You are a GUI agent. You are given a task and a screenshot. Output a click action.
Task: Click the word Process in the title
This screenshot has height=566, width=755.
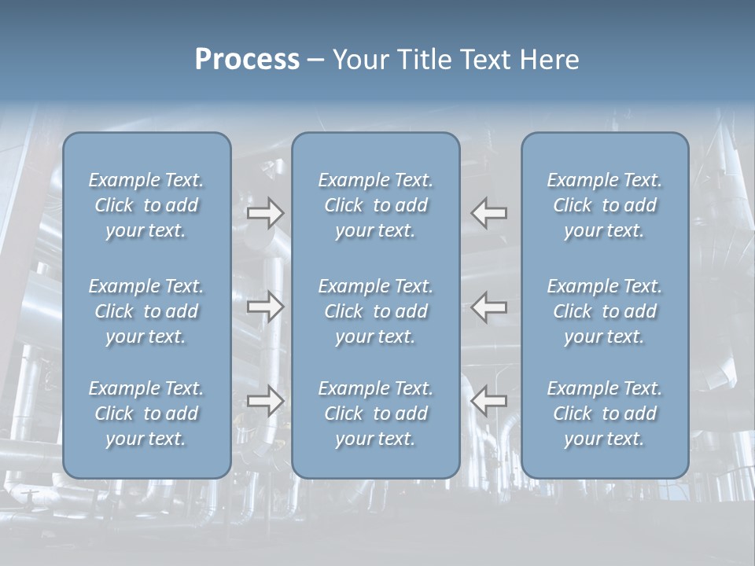tap(247, 60)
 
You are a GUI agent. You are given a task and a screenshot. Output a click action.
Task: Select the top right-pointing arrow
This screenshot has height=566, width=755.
tap(265, 212)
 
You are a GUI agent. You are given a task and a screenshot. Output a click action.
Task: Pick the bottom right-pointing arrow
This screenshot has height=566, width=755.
tap(265, 401)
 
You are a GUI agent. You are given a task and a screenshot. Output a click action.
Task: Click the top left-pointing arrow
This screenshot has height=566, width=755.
tap(489, 212)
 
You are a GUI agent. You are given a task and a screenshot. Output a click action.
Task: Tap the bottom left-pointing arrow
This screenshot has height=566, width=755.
tap(489, 401)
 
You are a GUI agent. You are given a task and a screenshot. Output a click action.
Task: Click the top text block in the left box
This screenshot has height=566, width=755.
tap(146, 205)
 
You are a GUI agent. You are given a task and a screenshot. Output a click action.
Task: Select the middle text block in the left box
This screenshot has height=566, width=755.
tap(146, 311)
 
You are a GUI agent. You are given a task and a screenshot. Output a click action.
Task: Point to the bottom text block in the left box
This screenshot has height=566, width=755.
tap(146, 413)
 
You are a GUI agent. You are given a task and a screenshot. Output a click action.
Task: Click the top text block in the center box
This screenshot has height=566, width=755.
tap(375, 205)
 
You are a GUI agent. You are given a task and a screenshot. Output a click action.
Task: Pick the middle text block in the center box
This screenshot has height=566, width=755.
tap(375, 311)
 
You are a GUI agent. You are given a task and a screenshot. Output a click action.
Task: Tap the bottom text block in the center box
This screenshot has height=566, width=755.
tap(375, 413)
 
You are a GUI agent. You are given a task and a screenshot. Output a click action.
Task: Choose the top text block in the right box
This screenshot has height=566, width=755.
tap(605, 205)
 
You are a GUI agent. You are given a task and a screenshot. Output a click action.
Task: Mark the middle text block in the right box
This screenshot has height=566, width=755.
tap(605, 311)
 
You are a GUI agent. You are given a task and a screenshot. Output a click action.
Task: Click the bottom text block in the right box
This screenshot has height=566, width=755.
tap(605, 413)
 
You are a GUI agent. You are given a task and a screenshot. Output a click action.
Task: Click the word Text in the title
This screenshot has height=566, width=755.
tap(483, 60)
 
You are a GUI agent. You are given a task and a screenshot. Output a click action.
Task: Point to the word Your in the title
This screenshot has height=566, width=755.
tap(360, 60)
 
